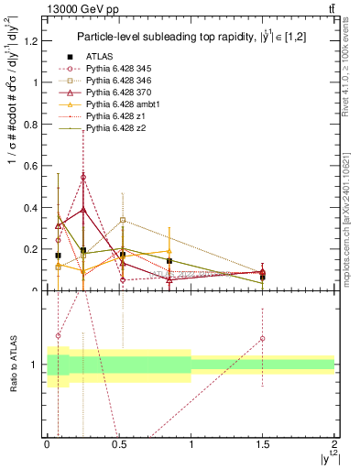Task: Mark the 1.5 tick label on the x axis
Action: (263, 444)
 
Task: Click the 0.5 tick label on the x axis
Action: (118, 444)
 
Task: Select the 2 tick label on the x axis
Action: (334, 444)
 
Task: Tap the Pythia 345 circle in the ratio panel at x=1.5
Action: (263, 338)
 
